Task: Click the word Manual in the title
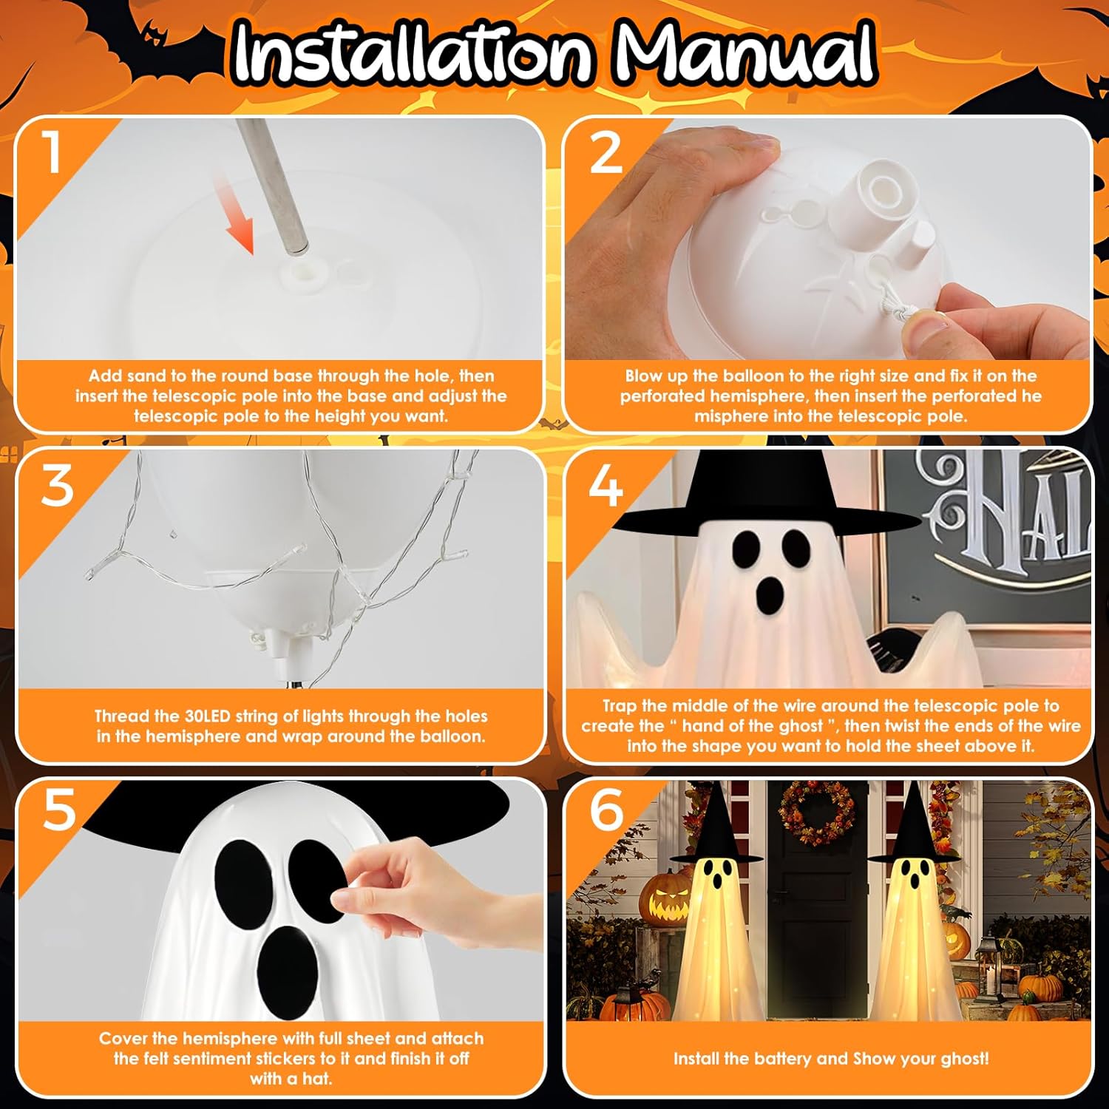tap(745, 52)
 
